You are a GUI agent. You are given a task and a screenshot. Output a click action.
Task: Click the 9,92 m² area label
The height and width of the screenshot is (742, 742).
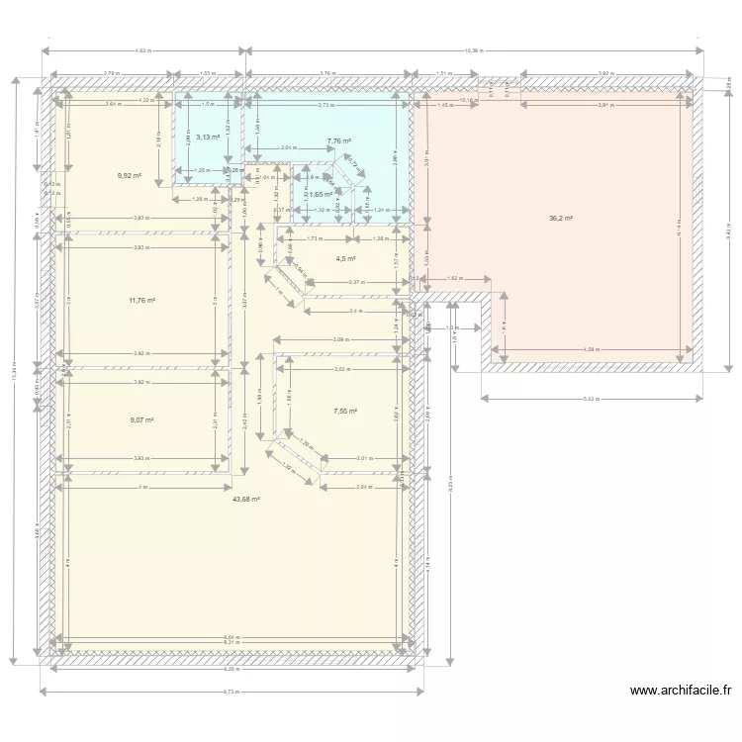[x=129, y=175]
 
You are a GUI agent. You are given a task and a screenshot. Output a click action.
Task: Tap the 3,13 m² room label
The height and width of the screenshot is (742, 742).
[x=208, y=137]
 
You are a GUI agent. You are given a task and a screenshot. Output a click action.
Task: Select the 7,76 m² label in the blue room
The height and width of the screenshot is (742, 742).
[x=339, y=141]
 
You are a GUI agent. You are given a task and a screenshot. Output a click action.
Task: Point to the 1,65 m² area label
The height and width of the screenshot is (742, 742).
[x=321, y=195]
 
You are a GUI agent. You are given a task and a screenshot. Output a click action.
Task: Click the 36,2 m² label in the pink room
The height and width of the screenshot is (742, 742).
[x=560, y=218]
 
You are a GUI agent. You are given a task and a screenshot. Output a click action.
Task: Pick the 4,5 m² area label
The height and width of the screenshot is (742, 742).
[x=345, y=259]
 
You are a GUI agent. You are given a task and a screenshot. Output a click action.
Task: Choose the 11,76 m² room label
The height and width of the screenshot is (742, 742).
[x=141, y=300]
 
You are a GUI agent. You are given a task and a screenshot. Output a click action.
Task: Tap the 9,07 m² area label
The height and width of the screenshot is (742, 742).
[x=141, y=419]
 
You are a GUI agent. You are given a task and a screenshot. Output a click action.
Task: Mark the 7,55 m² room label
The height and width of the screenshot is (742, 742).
[x=345, y=411]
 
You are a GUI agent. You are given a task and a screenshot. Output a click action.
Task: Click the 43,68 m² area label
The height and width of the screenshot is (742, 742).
[x=245, y=499]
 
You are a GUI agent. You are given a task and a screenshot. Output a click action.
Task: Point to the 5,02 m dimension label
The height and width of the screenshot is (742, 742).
[x=591, y=398]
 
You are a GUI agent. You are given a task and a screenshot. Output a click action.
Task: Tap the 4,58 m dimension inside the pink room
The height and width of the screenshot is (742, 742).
[x=591, y=348]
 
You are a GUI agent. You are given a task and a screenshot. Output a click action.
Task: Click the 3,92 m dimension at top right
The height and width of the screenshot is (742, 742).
[x=605, y=73]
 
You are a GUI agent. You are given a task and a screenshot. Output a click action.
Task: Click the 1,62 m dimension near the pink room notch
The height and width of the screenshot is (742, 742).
[x=455, y=279]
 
